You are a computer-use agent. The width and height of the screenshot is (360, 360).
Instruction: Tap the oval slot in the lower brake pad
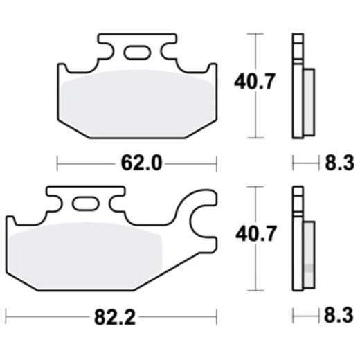click(x=87, y=204)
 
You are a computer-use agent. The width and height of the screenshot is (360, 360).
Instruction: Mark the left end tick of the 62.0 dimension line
click(x=57, y=163)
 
